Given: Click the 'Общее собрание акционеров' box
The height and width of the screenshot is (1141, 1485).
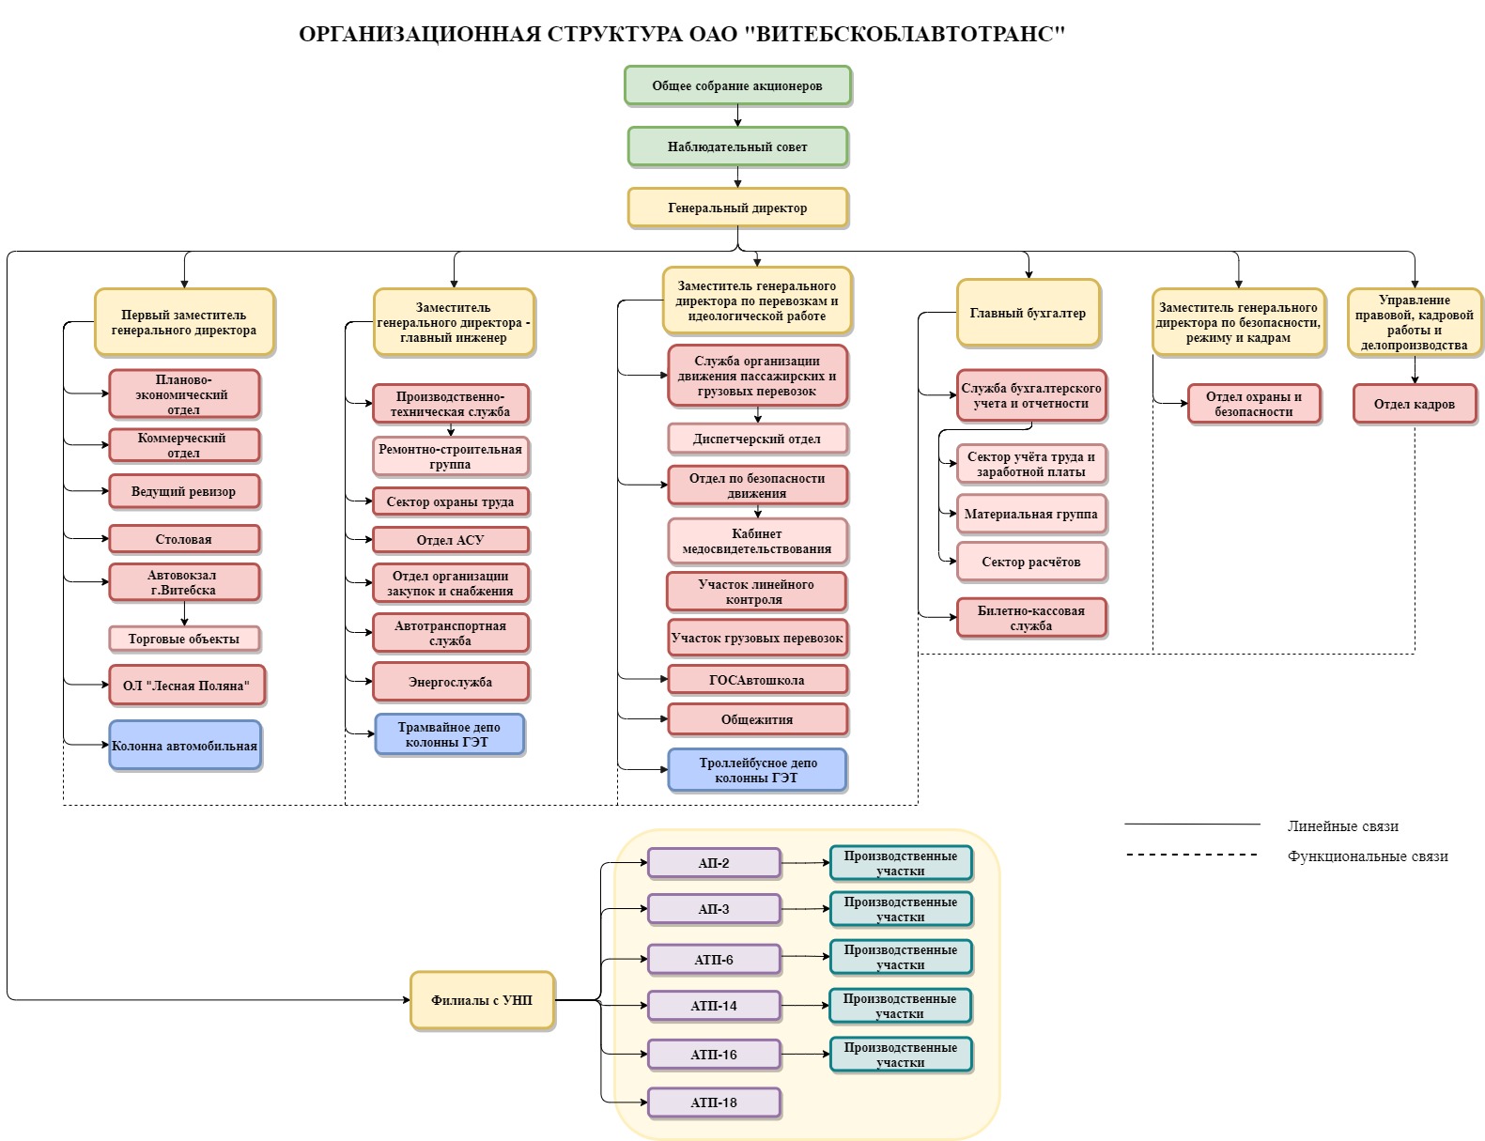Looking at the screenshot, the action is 737,85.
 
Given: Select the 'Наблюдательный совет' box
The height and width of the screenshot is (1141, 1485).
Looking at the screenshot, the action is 737,146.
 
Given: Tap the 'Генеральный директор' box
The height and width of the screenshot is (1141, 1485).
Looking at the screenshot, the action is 737,207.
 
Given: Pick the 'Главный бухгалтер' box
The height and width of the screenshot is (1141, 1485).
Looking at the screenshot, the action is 1028,312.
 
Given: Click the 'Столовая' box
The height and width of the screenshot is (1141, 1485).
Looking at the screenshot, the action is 184,538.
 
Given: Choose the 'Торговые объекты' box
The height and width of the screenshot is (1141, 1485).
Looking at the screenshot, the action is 184,639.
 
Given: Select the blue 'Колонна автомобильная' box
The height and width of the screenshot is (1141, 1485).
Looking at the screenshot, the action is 184,745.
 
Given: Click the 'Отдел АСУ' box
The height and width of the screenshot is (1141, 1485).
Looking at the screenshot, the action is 450,539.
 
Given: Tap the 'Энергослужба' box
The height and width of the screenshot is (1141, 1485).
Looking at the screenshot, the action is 450,681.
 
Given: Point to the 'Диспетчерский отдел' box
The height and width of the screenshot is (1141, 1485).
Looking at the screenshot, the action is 757,438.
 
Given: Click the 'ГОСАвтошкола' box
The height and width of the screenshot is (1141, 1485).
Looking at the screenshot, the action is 757,679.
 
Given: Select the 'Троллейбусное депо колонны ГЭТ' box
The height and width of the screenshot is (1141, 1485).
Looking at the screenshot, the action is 757,769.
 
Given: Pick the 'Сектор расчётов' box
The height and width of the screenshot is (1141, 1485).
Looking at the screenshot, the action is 1031,561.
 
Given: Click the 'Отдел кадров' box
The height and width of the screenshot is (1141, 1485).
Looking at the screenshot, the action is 1415,403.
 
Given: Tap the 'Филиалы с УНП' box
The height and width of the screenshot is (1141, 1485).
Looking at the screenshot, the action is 482,999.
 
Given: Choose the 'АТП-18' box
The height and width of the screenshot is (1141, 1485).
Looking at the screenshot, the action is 714,1102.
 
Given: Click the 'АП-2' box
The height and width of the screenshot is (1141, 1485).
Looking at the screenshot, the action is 714,863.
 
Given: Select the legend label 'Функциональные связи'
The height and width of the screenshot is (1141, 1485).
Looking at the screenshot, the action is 1368,856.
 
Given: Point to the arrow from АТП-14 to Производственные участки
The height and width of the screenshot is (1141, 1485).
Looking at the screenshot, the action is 805,1005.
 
